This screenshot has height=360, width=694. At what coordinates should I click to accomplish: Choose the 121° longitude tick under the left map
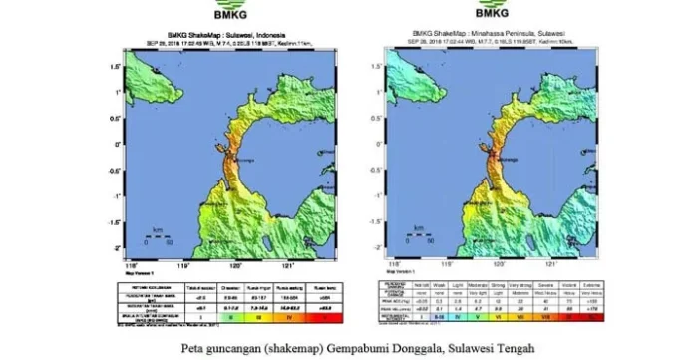coord(290,266)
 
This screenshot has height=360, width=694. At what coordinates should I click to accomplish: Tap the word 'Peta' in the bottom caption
coord(195,349)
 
